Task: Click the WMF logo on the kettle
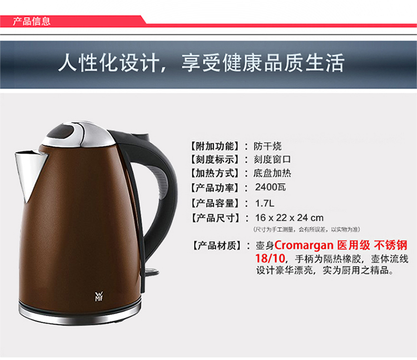(x=98, y=297)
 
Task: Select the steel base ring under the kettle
(x=80, y=314)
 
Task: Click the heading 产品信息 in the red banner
(x=32, y=21)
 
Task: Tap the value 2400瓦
(x=270, y=188)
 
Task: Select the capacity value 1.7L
(x=265, y=204)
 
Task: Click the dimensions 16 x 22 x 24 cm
(x=289, y=218)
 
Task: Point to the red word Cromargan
(x=304, y=245)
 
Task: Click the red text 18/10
(x=270, y=258)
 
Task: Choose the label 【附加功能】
(x=215, y=146)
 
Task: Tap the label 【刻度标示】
(x=215, y=160)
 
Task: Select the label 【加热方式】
(x=215, y=174)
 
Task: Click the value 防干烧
(x=267, y=146)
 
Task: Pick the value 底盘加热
(x=272, y=174)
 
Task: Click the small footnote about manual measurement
(x=306, y=229)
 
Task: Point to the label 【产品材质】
(x=217, y=245)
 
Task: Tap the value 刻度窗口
(x=272, y=160)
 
